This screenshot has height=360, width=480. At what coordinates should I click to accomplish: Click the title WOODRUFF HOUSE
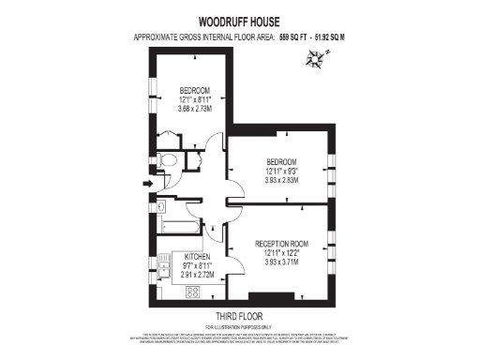click(240, 20)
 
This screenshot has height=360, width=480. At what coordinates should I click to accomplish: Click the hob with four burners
click(193, 292)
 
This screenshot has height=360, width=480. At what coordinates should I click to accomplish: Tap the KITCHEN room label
click(197, 256)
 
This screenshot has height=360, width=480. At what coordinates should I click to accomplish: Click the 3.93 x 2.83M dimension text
click(281, 180)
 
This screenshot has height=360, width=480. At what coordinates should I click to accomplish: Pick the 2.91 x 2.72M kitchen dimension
click(197, 275)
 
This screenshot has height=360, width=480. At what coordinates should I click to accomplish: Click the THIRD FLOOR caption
click(239, 316)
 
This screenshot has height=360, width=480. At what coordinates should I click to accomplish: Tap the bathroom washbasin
click(160, 205)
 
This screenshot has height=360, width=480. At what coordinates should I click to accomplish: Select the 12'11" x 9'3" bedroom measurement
click(281, 171)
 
